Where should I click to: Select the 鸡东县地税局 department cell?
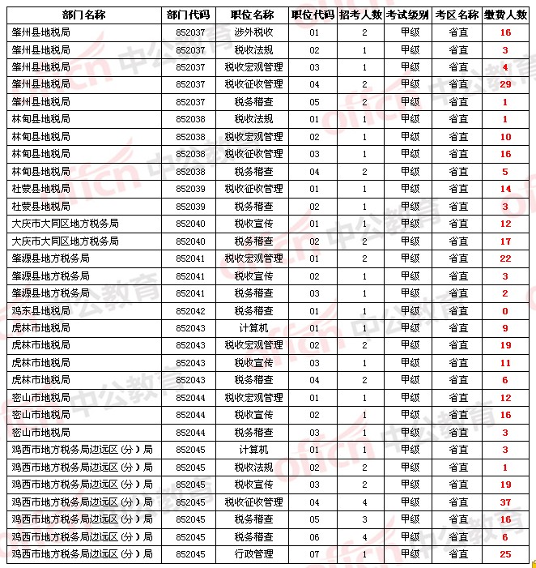coord(40,310)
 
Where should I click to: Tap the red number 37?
coord(504,502)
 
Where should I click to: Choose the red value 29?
coord(504,84)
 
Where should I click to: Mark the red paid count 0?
coord(504,310)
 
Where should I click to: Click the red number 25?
coord(504,553)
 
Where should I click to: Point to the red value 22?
coord(504,258)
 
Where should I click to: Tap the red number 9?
coord(504,328)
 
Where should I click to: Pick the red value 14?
coord(504,189)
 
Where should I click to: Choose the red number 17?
coord(504,241)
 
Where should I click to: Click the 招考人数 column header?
coord(359,15)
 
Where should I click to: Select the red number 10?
coord(504,137)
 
